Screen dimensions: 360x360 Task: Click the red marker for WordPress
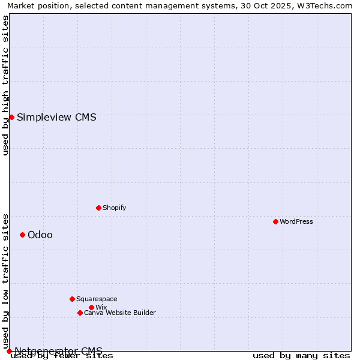(275, 221)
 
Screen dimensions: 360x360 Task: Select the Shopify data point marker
(98, 208)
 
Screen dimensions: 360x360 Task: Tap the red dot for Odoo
(22, 235)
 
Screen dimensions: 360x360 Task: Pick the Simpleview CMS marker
(11, 117)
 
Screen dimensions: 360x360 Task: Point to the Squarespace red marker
(72, 299)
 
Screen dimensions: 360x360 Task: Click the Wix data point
(91, 307)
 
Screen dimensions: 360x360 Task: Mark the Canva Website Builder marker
(80, 313)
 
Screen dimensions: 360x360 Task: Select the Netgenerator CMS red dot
(9, 351)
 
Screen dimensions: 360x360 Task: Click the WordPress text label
(296, 221)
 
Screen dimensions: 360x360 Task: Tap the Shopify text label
(114, 208)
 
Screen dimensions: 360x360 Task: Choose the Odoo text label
(40, 235)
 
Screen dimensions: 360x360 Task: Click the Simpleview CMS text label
(56, 117)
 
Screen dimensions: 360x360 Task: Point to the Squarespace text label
(97, 299)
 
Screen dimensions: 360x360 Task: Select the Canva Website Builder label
(120, 313)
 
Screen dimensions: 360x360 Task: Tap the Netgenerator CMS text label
(58, 351)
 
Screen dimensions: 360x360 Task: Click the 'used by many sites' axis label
(301, 356)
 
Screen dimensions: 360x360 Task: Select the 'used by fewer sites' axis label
(62, 356)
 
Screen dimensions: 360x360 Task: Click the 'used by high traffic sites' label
(6, 85)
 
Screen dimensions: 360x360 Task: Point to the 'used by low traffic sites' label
(6, 280)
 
